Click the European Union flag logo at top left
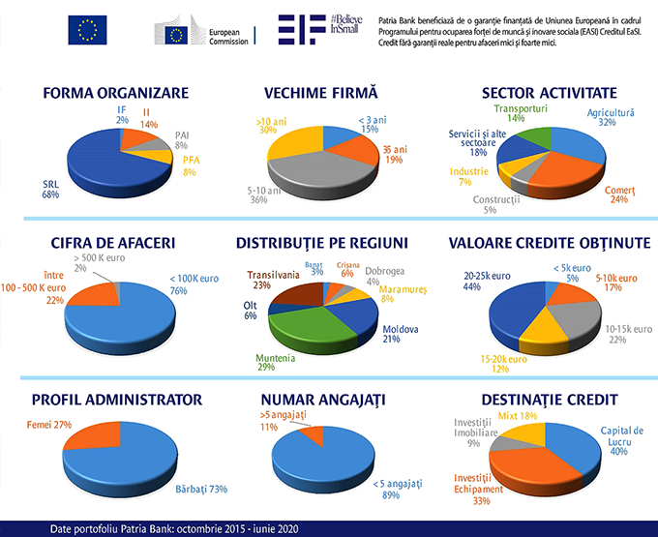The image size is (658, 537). pyautogui.click(x=87, y=31)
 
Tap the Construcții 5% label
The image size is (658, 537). pyautogui.click(x=496, y=204)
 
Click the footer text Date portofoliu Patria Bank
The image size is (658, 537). pyautogui.click(x=165, y=529)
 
